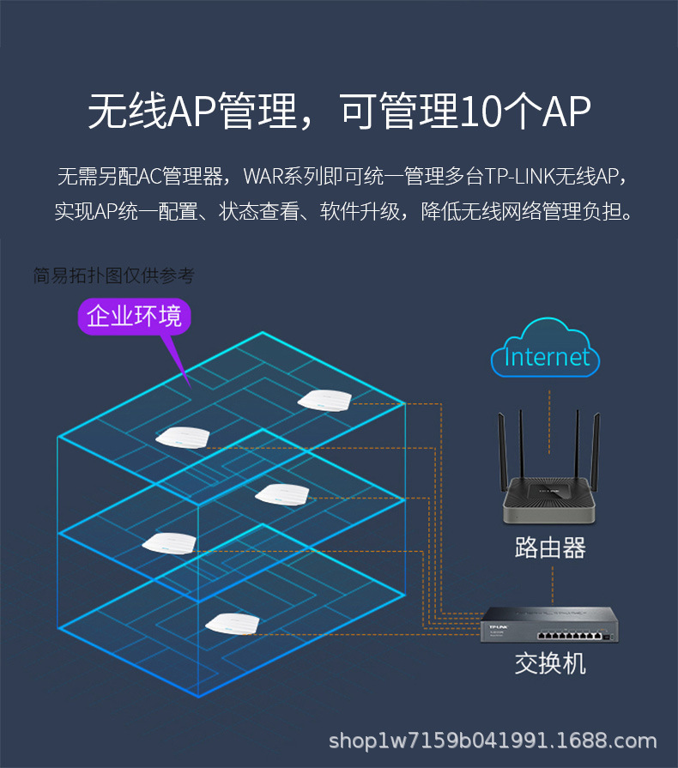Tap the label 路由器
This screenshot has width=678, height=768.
[550, 547]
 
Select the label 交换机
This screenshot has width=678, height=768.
[550, 662]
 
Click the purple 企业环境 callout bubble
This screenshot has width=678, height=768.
[134, 317]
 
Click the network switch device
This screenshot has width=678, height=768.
[549, 625]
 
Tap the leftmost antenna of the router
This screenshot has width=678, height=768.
[504, 446]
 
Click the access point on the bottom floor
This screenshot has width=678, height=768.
[233, 622]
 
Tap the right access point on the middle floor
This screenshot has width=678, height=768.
[281, 493]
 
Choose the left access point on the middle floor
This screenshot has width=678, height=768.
[169, 541]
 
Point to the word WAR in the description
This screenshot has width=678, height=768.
[260, 178]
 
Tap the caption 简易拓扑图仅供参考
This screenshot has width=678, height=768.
[113, 275]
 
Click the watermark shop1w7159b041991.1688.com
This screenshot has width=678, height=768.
[493, 741]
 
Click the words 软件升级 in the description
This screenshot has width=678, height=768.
[361, 211]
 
